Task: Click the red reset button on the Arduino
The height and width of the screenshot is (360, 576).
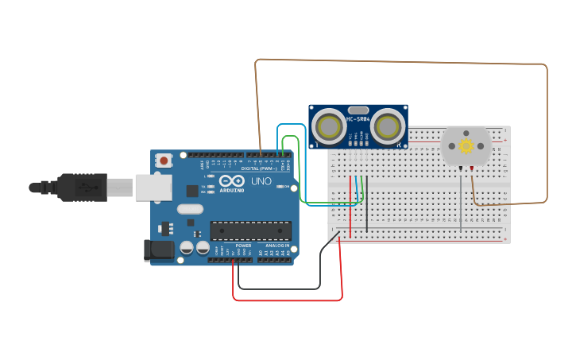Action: point(164,161)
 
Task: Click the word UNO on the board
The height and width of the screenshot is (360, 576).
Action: point(261,182)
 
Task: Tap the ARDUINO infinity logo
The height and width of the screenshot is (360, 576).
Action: point(232,181)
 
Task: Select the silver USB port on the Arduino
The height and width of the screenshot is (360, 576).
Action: point(153,188)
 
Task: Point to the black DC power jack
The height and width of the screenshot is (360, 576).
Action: point(158,250)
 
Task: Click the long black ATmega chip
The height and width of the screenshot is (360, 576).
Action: point(250,230)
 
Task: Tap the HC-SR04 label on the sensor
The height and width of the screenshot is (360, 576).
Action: point(357,120)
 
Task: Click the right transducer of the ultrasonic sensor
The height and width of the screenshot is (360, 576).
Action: point(387,126)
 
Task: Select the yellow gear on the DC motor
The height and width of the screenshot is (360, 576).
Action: point(466,145)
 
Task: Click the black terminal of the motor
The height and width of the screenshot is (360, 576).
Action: point(472,168)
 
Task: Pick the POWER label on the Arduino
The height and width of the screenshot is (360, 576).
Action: point(243,246)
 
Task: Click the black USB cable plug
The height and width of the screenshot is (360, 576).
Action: point(80,187)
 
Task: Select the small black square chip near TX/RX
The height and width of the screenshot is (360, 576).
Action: point(192,191)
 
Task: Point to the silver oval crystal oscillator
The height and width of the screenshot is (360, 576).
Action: point(190,210)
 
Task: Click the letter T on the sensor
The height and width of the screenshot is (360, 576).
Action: point(317,145)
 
